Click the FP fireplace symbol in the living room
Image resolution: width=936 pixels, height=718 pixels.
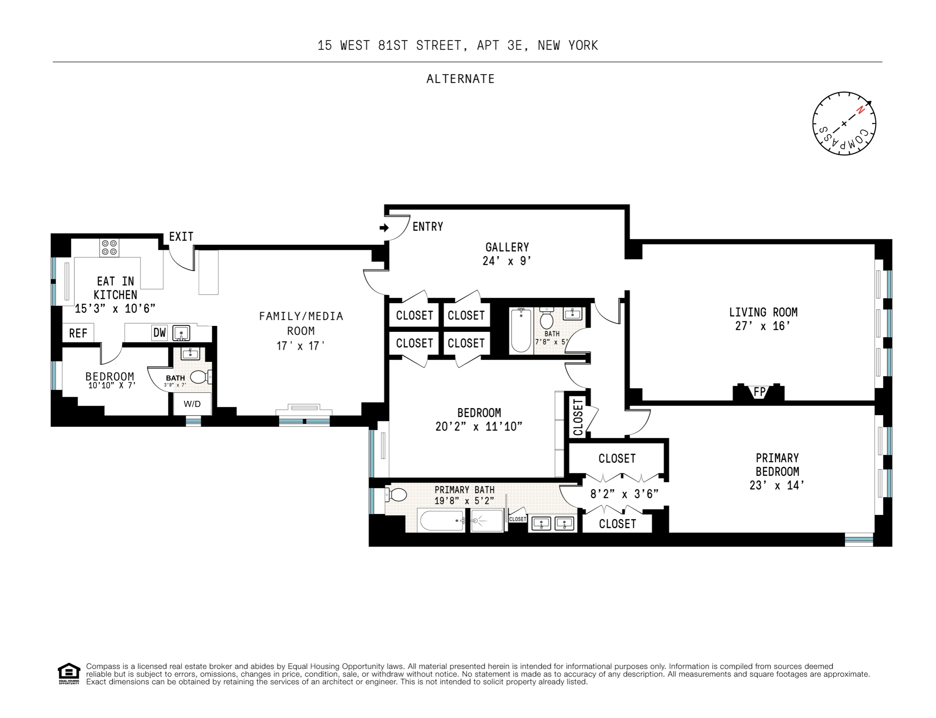759,392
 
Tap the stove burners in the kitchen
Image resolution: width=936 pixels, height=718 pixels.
109,248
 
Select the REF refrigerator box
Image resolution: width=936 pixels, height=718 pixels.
78,333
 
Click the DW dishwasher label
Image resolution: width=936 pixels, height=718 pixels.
159,333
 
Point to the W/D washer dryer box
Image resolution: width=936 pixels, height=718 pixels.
192,404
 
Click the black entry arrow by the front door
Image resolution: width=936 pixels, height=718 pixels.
384,228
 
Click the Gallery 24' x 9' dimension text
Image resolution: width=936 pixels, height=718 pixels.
507,261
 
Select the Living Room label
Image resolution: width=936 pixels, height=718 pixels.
763,312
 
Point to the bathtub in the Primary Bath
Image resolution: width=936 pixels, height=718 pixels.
441,521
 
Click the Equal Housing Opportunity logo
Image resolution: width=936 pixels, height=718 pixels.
69,674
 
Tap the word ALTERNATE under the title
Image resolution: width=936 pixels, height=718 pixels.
460,79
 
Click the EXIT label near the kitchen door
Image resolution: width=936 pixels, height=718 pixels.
181,236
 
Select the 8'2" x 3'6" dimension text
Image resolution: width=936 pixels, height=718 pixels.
624,494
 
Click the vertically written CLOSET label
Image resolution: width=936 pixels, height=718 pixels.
578,417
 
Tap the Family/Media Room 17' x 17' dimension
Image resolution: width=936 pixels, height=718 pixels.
300,346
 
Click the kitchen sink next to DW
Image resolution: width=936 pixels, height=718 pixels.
181,333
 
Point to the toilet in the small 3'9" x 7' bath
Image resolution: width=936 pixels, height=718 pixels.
199,377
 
